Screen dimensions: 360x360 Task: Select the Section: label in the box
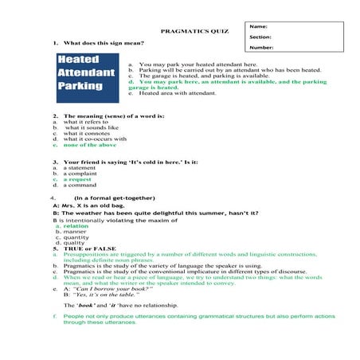click(x=260, y=37)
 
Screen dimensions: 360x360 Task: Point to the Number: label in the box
click(x=261, y=47)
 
